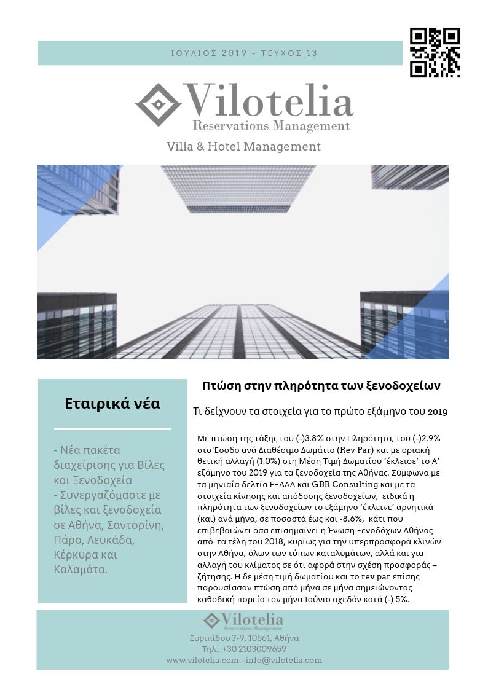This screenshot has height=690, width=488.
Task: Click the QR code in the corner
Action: [435, 52]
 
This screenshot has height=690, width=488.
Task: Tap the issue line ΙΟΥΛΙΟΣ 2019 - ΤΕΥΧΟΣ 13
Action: [244, 53]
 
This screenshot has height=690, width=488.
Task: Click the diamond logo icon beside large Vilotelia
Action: [158, 104]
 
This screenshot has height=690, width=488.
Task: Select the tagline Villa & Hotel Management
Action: [243, 147]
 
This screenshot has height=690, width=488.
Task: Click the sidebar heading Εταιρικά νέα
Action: [112, 404]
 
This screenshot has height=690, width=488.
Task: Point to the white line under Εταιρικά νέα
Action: [112, 429]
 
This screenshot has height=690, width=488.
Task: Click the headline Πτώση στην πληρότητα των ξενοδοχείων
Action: [321, 386]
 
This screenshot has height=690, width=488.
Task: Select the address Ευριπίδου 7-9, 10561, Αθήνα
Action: [244, 638]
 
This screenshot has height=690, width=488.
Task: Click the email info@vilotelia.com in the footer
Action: [283, 660]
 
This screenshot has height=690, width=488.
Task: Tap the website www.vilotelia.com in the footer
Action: [202, 660]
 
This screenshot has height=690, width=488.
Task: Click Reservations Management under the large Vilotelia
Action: [271, 126]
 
